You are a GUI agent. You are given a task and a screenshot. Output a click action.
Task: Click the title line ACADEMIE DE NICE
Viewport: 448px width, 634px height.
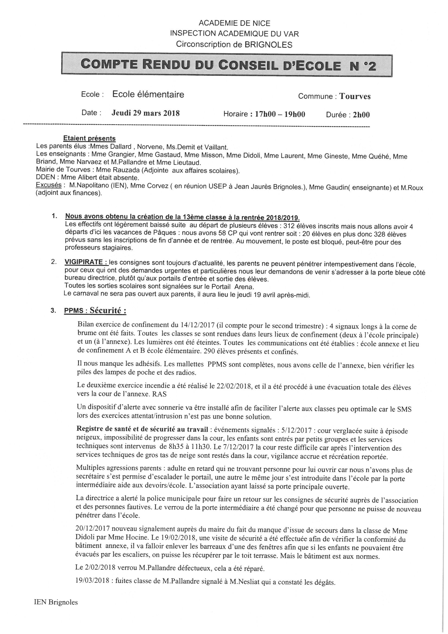234,23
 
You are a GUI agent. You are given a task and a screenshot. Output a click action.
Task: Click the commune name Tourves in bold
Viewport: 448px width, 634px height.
355,96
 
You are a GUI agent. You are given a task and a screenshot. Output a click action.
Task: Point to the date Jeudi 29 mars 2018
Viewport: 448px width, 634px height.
146,113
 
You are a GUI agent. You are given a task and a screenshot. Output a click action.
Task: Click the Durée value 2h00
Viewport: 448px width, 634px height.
361,115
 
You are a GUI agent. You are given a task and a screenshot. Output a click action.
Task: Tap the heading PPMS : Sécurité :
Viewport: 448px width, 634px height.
95,311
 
